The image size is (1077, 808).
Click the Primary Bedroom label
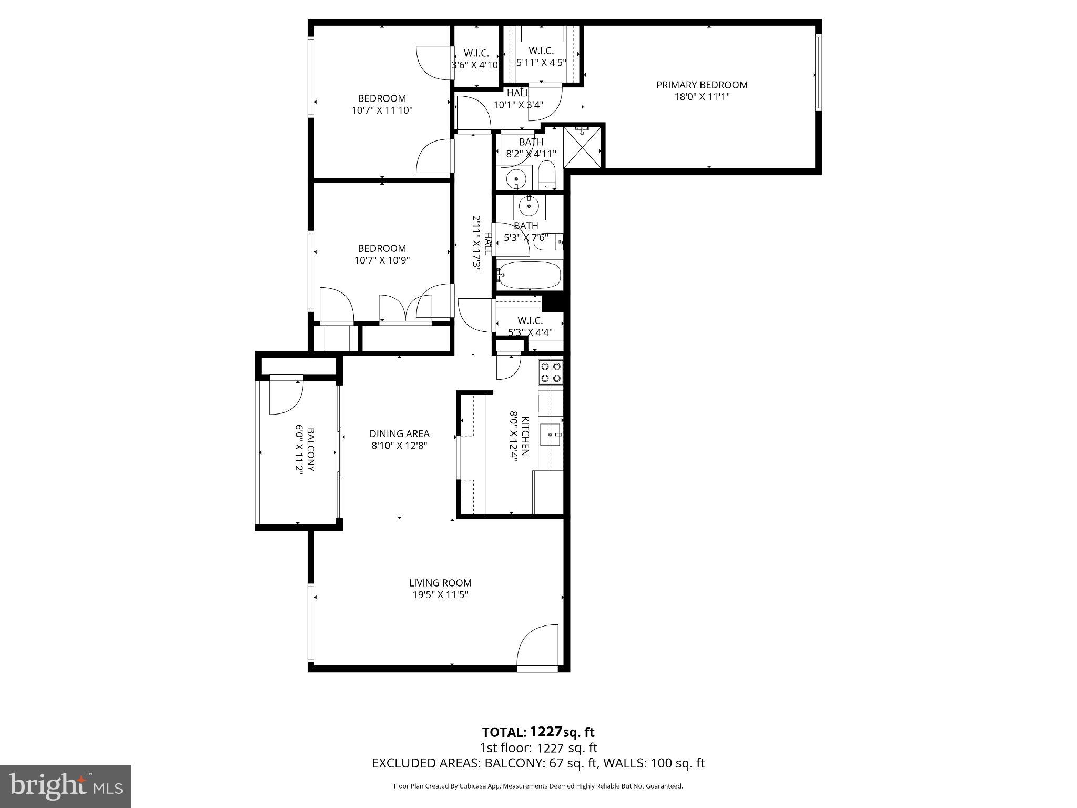pos(702,85)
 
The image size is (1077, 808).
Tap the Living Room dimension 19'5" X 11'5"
pos(440,595)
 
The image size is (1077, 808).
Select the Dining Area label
pos(399,434)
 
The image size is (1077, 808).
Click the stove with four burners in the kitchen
pos(551,371)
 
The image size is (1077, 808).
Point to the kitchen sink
pos(551,435)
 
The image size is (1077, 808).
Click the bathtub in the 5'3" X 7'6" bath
pos(530,275)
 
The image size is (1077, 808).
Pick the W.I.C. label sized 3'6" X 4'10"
pos(476,54)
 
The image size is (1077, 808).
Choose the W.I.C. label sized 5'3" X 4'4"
pos(530,321)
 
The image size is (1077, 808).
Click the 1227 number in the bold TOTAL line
pos(546,732)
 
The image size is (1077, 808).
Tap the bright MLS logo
pos(66,786)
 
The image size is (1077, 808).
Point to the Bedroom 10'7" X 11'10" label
pos(382,98)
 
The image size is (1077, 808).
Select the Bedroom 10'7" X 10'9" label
pos(382,248)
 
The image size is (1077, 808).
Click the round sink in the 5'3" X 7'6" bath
pos(529,206)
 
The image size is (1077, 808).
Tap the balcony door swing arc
pos(286,396)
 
